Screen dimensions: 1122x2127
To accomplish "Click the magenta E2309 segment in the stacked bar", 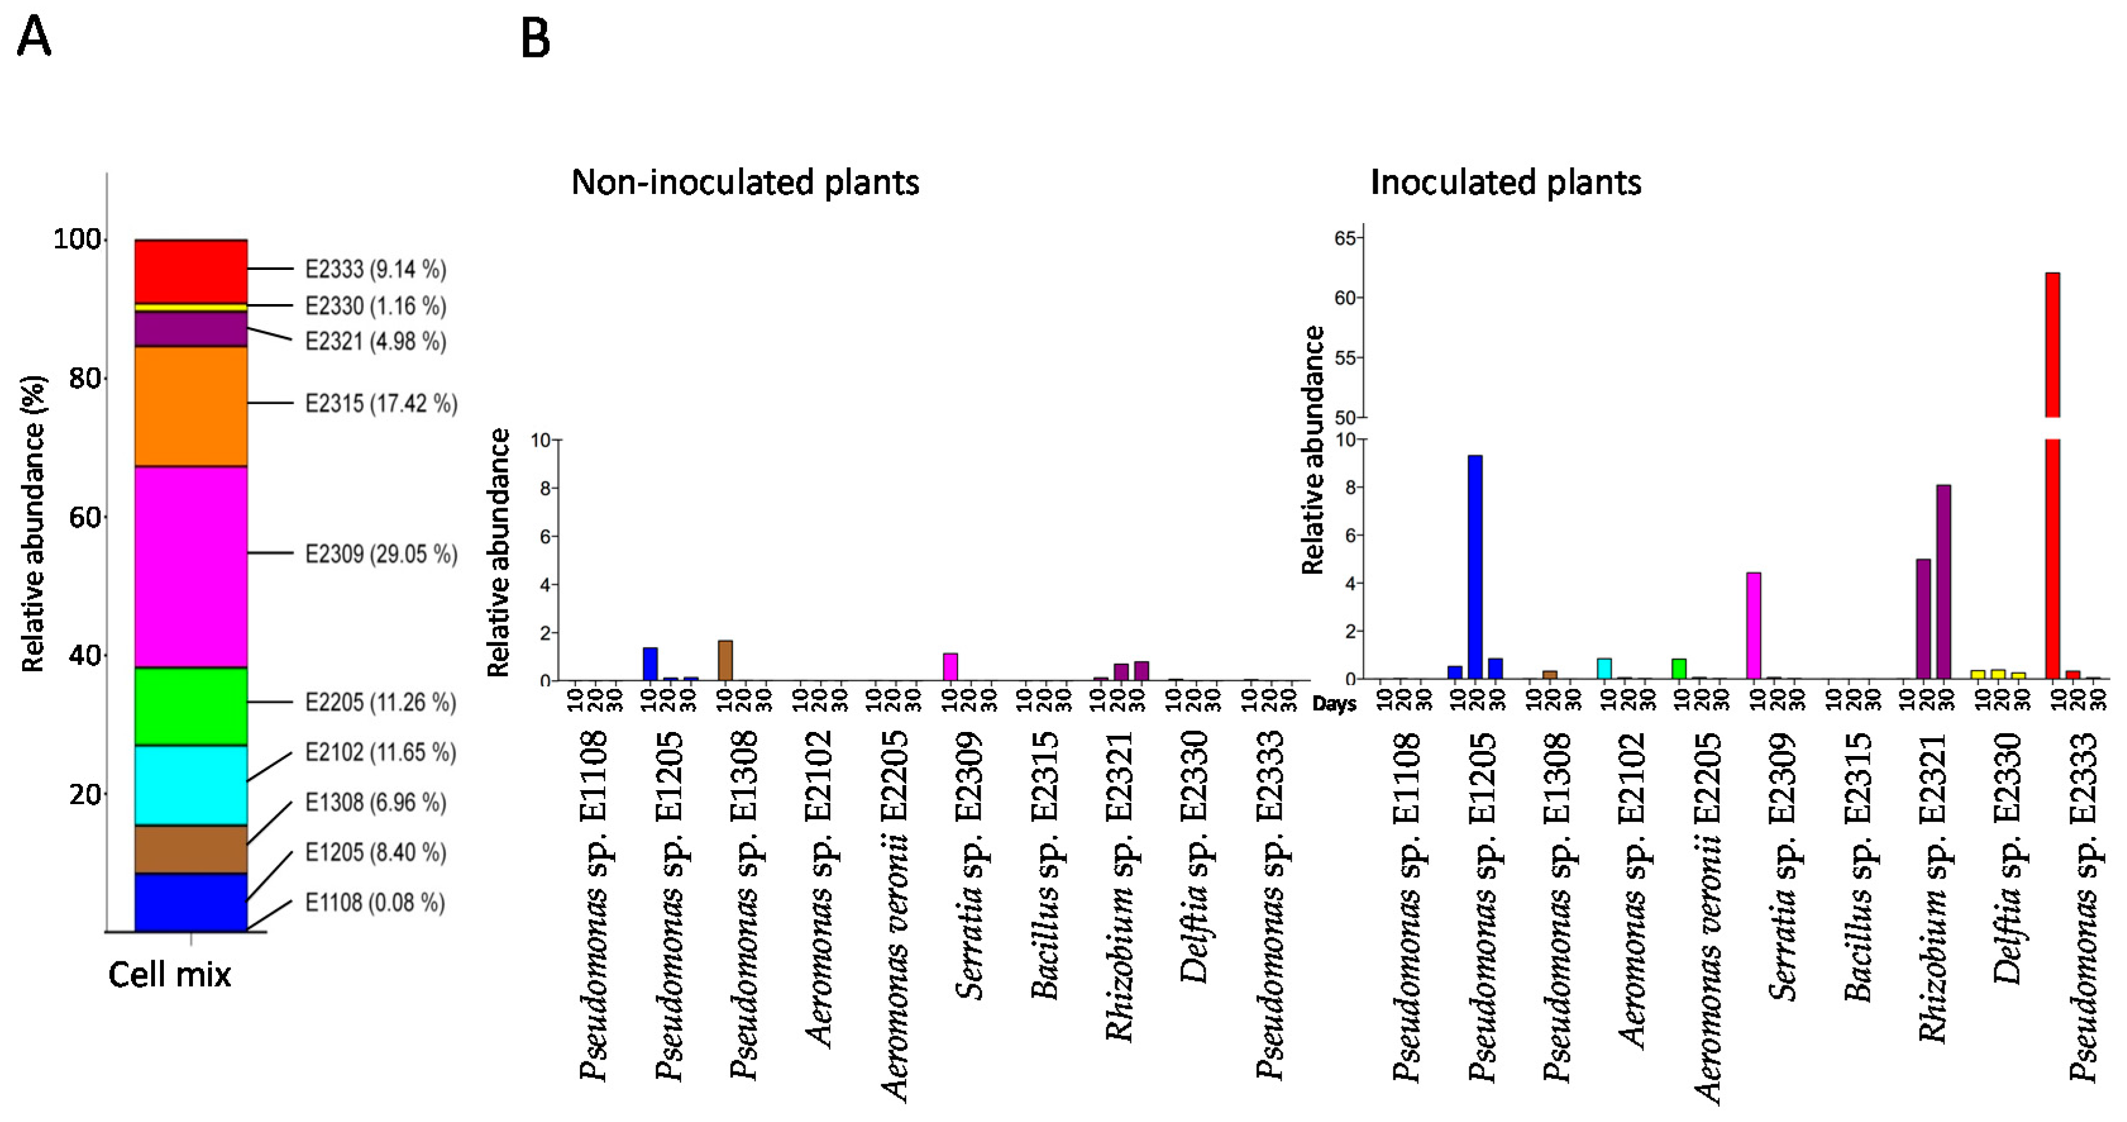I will click(191, 566).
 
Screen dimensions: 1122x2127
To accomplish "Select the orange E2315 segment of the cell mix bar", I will click(191, 406).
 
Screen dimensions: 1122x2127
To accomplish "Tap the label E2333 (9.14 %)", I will click(375, 269).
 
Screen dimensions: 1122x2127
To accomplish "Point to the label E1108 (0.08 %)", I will click(375, 903).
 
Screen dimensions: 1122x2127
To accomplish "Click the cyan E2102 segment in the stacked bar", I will click(191, 785).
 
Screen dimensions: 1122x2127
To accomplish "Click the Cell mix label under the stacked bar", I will click(169, 975).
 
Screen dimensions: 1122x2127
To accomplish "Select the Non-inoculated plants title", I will click(745, 183).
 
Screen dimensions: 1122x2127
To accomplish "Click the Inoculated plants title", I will click(1505, 183).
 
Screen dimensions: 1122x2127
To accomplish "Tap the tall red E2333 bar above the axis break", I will click(2052, 345).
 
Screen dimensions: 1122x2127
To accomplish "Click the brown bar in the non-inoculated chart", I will click(725, 661).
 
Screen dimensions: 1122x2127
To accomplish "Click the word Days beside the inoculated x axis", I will click(1334, 704).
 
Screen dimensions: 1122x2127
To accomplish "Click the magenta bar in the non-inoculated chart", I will click(950, 667).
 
